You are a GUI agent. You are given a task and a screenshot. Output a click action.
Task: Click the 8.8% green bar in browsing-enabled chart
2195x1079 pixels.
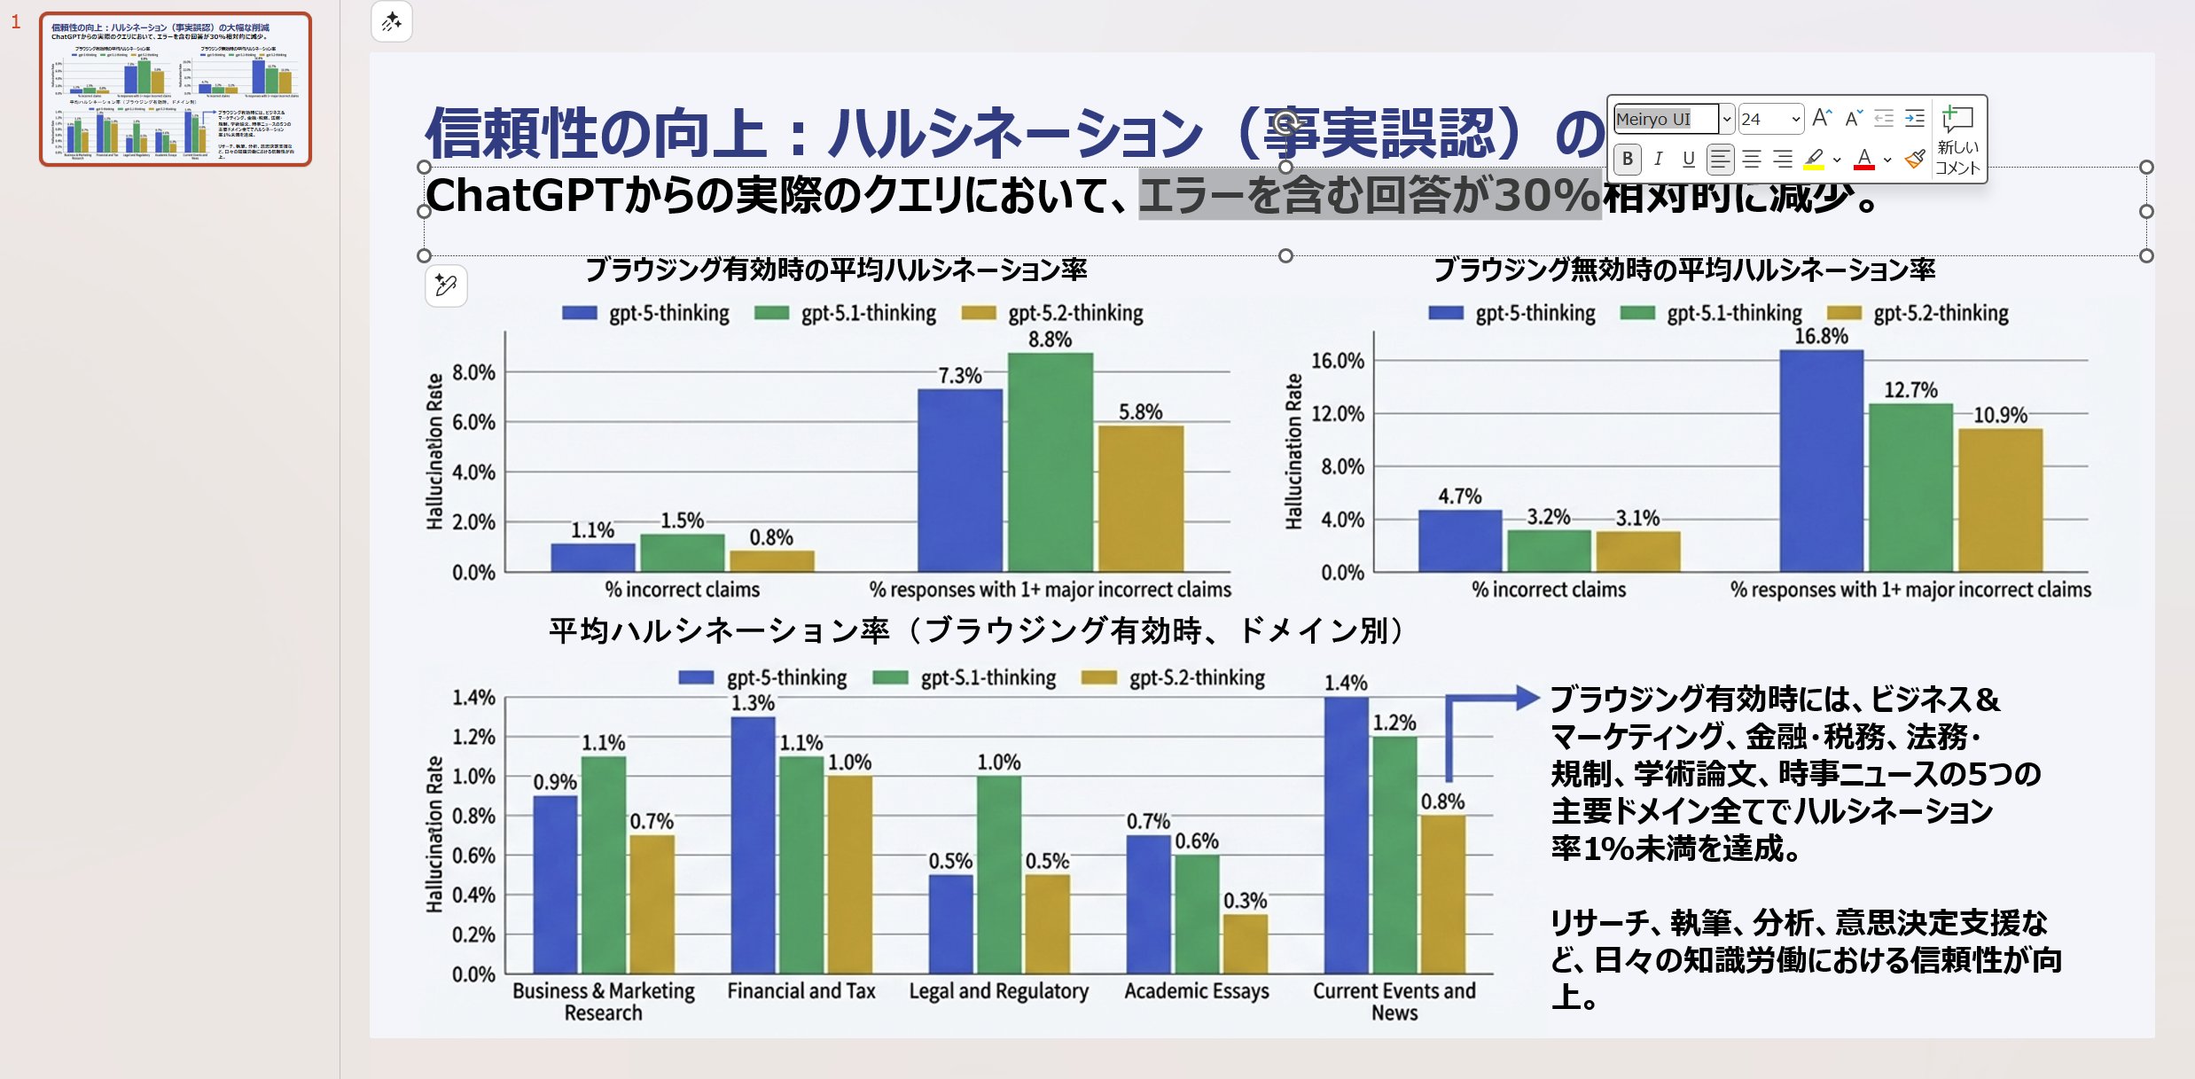(x=1050, y=461)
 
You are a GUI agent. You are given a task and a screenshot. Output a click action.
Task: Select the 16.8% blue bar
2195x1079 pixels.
(x=1821, y=461)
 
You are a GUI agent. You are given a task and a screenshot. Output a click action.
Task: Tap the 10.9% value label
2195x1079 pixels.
(x=2000, y=415)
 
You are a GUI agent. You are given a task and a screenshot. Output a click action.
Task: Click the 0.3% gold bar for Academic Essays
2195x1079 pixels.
(x=1245, y=943)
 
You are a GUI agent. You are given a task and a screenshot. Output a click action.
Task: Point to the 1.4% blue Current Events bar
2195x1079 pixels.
(x=1346, y=833)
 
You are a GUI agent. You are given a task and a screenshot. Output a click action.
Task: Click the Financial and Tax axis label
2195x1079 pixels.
(x=801, y=990)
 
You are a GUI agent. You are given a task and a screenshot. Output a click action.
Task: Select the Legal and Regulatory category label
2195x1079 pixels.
(x=998, y=990)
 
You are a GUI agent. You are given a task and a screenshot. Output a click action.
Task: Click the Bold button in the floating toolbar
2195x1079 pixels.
(x=1628, y=159)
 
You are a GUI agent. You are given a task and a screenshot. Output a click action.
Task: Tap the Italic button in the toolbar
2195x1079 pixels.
(x=1658, y=159)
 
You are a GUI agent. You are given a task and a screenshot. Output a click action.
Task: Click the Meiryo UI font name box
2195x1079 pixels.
(x=1665, y=119)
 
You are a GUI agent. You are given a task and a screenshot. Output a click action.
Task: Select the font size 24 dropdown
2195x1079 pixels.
(x=1769, y=119)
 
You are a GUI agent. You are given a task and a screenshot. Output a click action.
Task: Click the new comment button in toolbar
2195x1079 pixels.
(x=1957, y=137)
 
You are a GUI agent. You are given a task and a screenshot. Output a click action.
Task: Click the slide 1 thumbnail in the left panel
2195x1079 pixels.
(x=176, y=89)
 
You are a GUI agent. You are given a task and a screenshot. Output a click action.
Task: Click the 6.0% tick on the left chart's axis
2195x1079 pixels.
(x=473, y=422)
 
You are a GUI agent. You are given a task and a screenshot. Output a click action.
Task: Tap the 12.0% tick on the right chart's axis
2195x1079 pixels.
(x=1337, y=414)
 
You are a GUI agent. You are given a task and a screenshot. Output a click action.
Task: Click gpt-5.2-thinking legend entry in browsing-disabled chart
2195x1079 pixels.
(x=1940, y=313)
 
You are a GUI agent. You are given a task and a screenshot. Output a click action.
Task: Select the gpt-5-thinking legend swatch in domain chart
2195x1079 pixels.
(x=696, y=678)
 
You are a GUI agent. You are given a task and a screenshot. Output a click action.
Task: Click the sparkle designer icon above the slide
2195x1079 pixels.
(x=392, y=21)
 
